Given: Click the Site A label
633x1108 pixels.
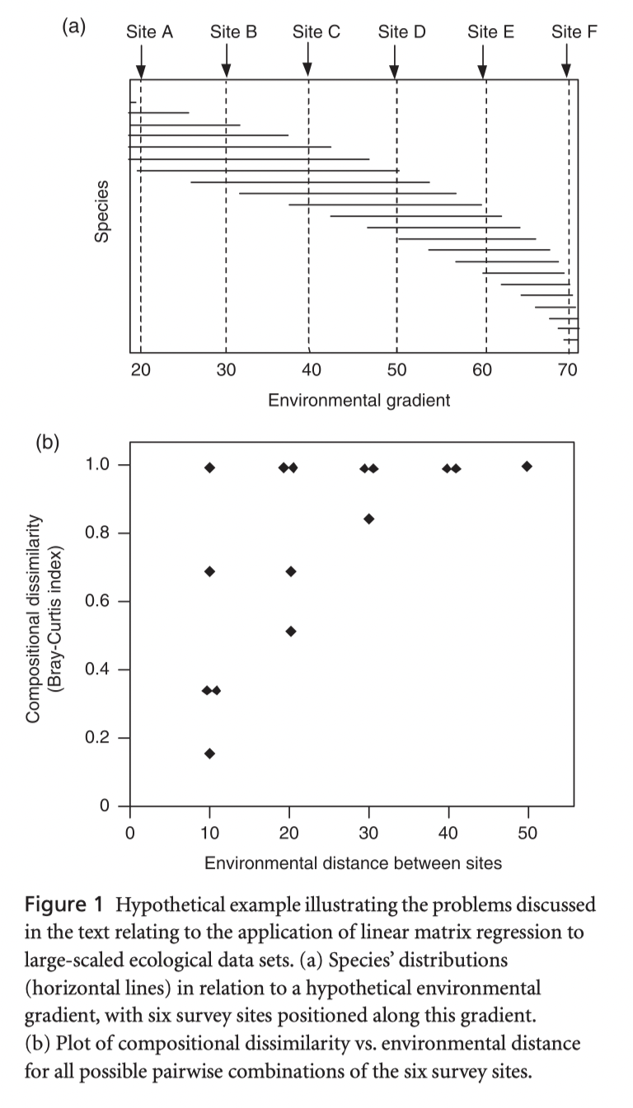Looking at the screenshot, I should point(150,32).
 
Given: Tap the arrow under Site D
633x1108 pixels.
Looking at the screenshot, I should point(394,60).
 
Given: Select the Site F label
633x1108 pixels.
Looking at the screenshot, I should point(574,32).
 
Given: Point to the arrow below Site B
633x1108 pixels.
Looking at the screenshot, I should point(226,60).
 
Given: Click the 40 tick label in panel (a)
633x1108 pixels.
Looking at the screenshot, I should point(309,369).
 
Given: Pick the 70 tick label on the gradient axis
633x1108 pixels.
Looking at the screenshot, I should point(568,369).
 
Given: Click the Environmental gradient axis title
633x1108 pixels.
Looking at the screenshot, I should point(359,401).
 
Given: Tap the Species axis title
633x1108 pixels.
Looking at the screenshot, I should point(102,212).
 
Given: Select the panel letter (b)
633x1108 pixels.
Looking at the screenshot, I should point(47,443).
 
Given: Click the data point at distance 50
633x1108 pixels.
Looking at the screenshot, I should point(527,467).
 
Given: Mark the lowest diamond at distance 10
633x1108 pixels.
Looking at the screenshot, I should point(209,754).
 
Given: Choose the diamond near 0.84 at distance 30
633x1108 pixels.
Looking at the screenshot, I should point(369,519).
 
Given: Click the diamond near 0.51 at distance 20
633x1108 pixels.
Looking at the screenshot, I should point(290,631).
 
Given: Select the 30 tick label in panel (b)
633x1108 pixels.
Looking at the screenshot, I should point(368,833).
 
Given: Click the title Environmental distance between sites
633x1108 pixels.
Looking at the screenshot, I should point(353,863).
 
